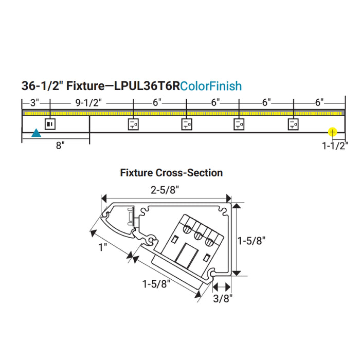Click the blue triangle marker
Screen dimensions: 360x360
pyautogui.click(x=36, y=133)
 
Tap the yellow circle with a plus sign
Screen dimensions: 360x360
pyautogui.click(x=332, y=133)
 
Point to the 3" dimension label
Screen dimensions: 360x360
pyautogui.click(x=32, y=102)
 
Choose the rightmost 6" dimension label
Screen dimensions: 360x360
pyautogui.click(x=319, y=102)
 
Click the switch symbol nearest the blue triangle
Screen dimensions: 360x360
pyautogui.click(x=50, y=124)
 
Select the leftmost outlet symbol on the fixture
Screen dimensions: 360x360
pyautogui.click(x=133, y=124)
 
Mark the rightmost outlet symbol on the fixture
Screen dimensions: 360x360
pyautogui.click(x=294, y=124)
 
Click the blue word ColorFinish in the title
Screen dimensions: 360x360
pyautogui.click(x=211, y=86)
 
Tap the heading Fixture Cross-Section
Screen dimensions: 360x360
pyautogui.click(x=171, y=173)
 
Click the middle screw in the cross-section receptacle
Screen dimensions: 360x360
pyautogui.click(x=198, y=236)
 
